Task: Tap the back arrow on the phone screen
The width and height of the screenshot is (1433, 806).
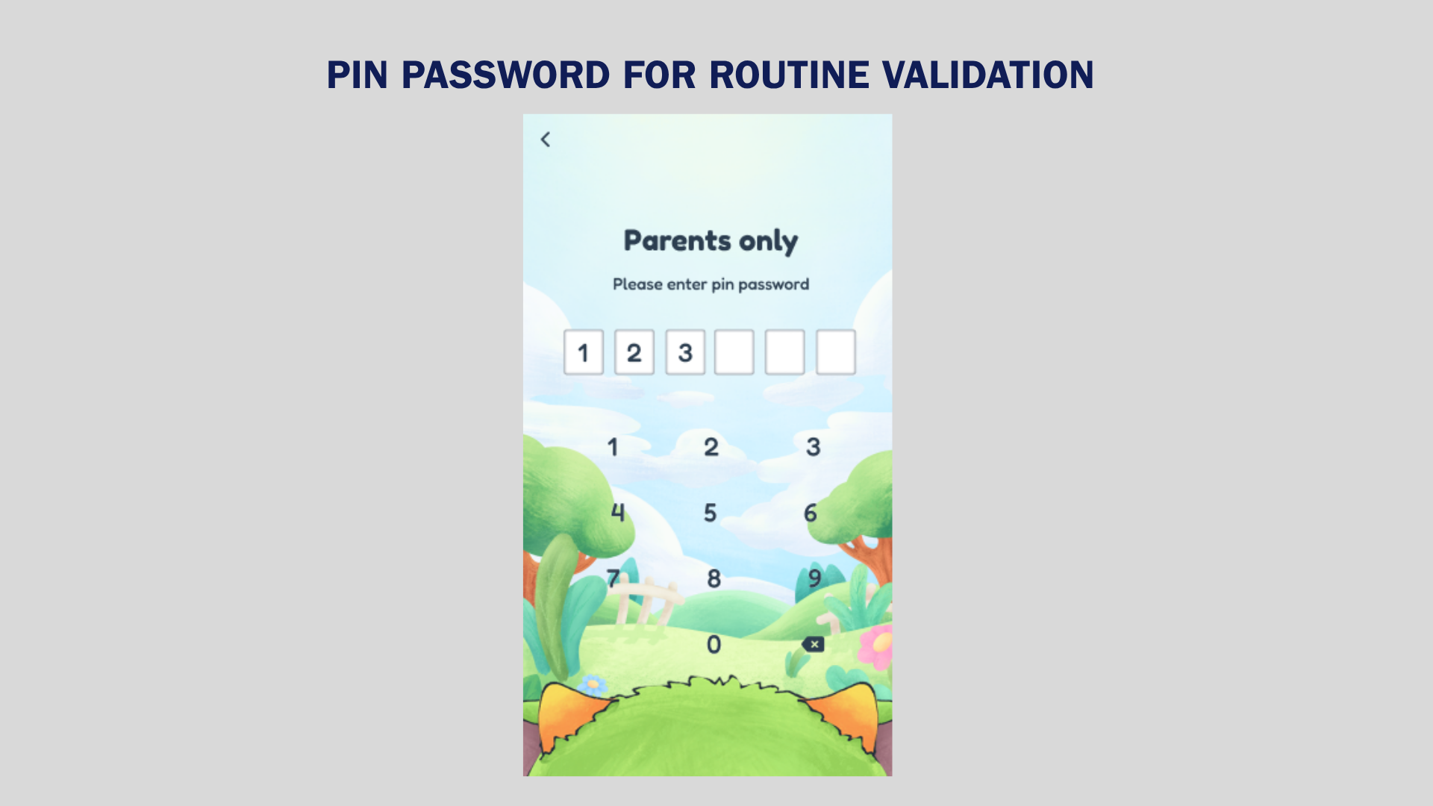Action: point(546,140)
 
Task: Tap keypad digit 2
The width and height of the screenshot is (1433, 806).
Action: point(711,447)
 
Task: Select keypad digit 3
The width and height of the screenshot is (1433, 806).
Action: point(814,447)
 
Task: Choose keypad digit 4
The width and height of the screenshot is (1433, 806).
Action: point(618,513)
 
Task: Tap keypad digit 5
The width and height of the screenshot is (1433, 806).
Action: point(711,513)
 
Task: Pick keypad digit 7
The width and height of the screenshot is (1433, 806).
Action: point(613,578)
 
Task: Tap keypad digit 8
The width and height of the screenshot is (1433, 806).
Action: point(714,578)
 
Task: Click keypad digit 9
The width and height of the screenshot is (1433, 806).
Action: point(814,578)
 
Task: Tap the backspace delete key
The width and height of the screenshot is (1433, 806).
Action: point(813,644)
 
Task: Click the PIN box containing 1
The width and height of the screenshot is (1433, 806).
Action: point(584,352)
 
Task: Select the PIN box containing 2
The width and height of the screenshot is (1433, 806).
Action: point(634,352)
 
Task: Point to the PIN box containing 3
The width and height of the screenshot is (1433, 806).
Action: point(685,352)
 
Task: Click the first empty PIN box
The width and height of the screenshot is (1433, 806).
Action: point(734,352)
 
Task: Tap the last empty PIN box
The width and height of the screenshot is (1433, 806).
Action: point(836,352)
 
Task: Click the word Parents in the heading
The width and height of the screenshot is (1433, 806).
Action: point(678,240)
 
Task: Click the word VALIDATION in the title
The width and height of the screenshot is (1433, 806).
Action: point(988,75)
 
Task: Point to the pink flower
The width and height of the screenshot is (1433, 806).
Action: point(877,646)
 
